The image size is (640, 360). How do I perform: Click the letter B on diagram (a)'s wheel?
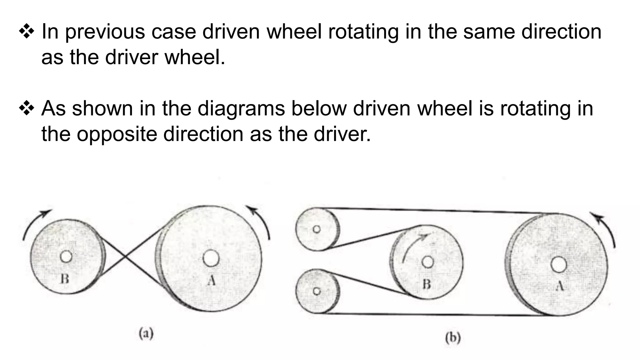coord(65,278)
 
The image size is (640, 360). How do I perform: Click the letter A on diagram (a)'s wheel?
coord(212,281)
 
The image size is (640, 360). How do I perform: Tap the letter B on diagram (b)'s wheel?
coord(427,284)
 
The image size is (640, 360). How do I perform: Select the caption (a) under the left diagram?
coord(146,334)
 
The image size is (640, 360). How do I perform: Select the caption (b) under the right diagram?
coord(453,338)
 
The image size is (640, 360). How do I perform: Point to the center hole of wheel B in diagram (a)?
coord(66,257)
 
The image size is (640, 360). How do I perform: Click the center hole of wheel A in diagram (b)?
coord(559,264)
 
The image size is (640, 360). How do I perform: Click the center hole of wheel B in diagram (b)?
coord(428,262)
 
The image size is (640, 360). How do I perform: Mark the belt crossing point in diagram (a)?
coord(125,257)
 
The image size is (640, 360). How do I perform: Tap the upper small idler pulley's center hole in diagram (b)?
coord(317,229)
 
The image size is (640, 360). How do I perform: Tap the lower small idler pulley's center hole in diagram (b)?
coord(317,291)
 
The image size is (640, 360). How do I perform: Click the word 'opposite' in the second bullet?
coord(117,134)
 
